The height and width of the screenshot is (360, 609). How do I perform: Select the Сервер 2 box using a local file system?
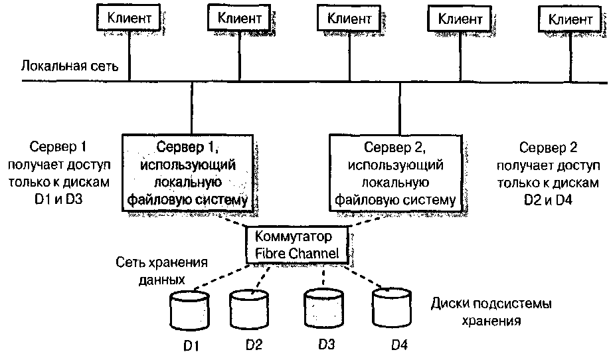click(x=396, y=172)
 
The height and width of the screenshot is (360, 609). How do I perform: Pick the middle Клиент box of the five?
click(x=349, y=19)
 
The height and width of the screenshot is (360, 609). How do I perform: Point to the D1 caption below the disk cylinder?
click(x=191, y=345)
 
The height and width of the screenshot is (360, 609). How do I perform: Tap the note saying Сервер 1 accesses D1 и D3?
click(x=60, y=172)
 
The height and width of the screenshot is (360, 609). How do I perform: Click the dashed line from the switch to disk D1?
click(x=218, y=276)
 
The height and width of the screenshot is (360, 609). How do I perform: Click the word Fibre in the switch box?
click(x=273, y=252)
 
